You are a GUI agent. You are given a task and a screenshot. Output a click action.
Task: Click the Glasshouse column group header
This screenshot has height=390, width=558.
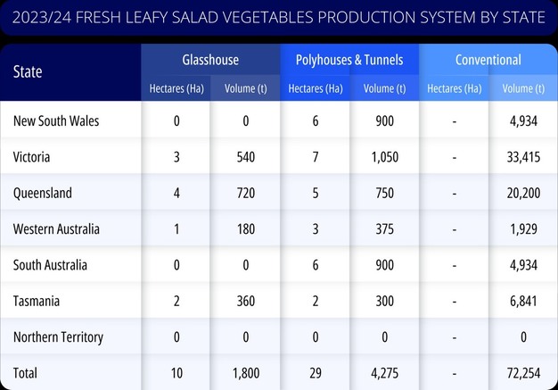point(210,60)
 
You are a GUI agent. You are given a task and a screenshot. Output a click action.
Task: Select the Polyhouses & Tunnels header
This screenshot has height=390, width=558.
point(349,60)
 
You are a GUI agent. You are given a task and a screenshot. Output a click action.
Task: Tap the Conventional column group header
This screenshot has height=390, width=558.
point(488,60)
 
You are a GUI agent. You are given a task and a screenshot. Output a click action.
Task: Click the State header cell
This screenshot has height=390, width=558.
point(28,71)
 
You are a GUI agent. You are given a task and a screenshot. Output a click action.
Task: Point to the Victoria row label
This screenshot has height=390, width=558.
point(31,157)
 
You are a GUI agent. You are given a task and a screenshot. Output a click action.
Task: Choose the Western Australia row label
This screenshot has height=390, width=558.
point(56,229)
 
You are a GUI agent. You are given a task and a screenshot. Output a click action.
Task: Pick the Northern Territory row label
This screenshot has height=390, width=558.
point(58,337)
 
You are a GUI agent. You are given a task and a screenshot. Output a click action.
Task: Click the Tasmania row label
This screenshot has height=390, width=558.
point(36,301)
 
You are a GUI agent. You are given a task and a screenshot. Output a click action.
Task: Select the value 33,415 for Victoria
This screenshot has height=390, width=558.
point(523,157)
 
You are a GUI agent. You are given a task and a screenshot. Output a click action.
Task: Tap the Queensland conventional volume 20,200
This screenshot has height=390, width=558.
point(523,193)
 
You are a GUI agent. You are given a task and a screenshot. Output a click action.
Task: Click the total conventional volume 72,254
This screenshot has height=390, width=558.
point(523,373)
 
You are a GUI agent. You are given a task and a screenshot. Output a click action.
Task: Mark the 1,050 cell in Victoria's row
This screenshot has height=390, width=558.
point(384,157)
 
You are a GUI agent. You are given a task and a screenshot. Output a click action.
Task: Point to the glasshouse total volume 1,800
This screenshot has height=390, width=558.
point(245,373)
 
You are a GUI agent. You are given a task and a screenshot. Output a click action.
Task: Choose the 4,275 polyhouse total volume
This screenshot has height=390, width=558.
point(384,373)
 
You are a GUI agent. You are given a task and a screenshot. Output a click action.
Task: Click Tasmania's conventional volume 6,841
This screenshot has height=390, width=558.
point(523,301)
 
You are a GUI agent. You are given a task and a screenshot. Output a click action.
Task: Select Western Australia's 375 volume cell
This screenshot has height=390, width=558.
point(384,229)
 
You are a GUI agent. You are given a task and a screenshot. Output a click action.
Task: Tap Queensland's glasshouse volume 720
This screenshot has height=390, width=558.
point(245,193)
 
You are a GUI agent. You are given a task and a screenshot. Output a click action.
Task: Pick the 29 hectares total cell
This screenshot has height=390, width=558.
point(316,373)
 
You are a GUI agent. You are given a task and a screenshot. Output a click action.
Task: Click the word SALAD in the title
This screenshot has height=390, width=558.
point(206,17)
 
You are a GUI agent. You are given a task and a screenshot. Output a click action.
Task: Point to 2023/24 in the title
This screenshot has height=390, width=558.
point(41,17)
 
